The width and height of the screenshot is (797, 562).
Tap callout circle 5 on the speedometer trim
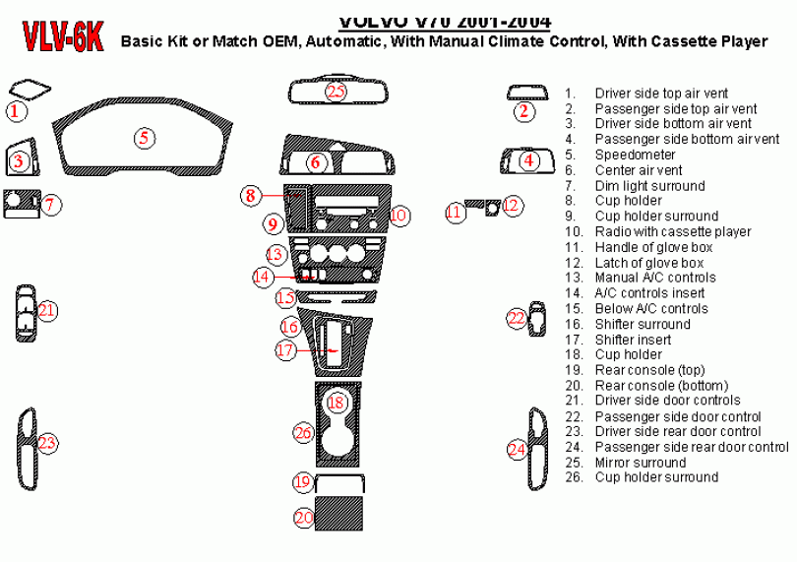point(144,138)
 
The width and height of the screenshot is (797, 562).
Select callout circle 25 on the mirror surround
point(337,92)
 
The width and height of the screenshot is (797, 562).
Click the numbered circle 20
point(304,517)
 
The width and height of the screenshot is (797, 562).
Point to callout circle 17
point(285,349)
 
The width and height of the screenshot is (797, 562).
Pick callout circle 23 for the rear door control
point(46,443)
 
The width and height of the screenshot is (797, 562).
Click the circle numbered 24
point(518,450)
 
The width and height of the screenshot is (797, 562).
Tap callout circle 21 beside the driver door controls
point(47,311)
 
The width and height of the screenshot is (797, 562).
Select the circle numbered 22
point(517,318)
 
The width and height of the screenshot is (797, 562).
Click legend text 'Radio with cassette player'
point(672,232)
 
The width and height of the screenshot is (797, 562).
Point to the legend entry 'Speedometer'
point(635,156)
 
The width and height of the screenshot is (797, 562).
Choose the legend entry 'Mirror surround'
point(640,463)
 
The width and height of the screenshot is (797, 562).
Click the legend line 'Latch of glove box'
point(648,263)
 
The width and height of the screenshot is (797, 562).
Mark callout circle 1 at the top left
point(15,111)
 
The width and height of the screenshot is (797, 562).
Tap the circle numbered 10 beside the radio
point(398,215)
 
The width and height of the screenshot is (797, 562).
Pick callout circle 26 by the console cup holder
point(304,432)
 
